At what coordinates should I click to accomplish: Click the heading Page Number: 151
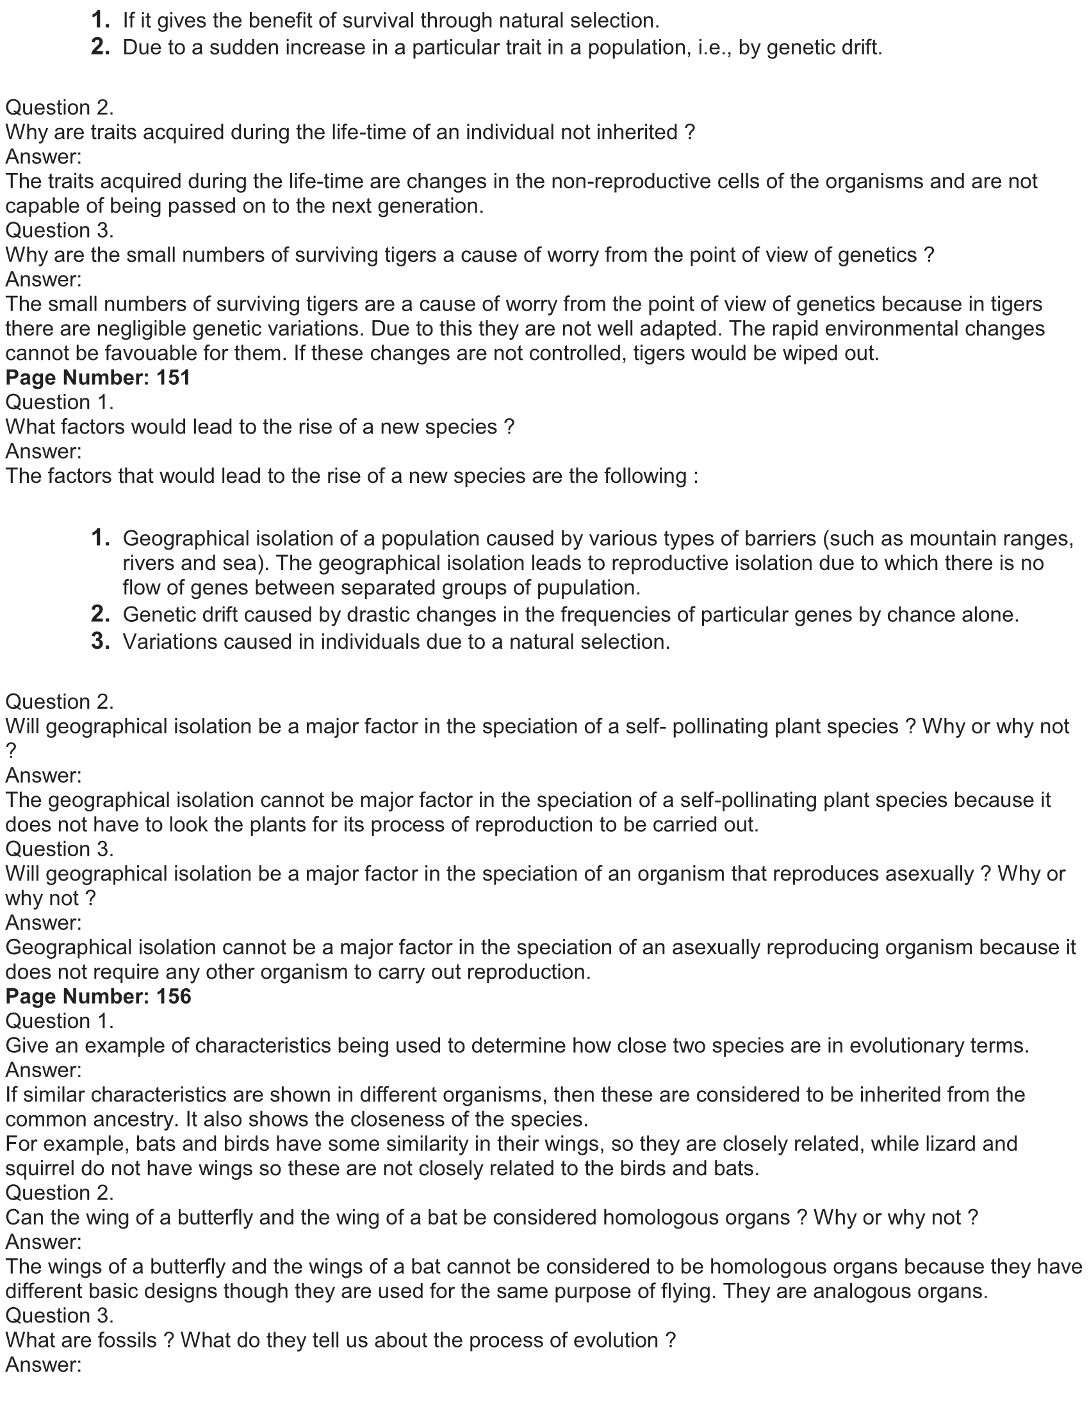coord(98,377)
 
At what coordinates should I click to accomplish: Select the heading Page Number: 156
coord(98,997)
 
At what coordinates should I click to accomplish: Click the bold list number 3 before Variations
coord(100,641)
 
